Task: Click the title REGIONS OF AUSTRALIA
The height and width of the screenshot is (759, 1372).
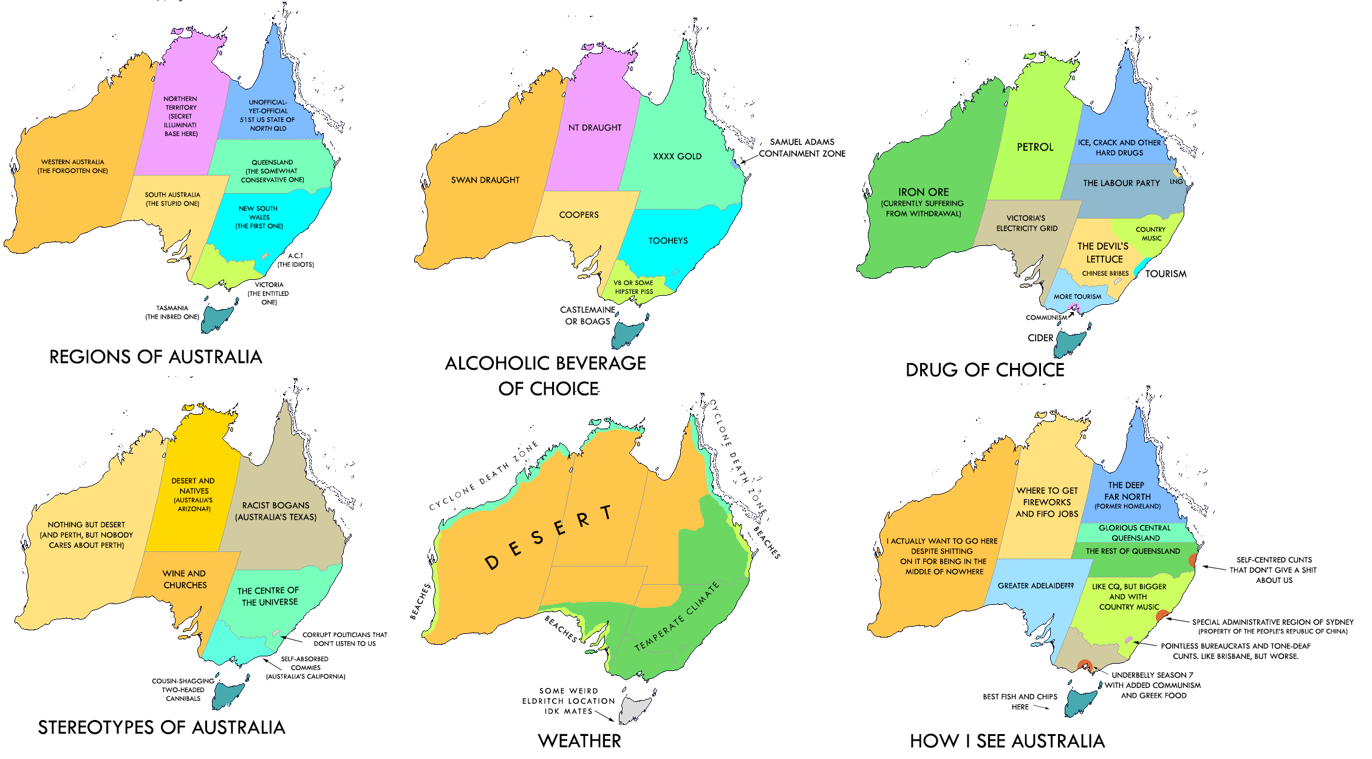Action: (155, 357)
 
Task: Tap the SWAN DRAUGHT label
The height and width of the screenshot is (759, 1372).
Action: (485, 180)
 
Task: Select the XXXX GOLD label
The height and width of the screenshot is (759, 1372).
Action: (677, 157)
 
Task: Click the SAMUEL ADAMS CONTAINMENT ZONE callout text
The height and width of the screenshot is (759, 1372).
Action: (802, 148)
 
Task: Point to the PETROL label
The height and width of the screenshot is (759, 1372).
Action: (1035, 147)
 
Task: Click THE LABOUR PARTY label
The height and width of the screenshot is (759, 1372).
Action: (1121, 183)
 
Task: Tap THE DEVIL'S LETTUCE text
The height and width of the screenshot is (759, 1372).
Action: (1104, 253)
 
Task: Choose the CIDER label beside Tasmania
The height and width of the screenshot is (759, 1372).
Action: (1040, 338)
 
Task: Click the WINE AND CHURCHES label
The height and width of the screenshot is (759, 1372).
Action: (185, 579)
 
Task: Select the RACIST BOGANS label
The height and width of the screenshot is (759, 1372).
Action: (276, 511)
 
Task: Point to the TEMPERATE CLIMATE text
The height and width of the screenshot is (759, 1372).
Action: (677, 617)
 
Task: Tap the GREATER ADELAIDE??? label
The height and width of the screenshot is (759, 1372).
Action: (1036, 586)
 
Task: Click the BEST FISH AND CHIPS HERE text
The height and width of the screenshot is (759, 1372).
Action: (1020, 702)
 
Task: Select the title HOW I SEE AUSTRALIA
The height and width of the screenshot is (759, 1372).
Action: (1007, 741)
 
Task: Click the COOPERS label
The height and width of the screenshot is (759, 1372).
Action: (579, 215)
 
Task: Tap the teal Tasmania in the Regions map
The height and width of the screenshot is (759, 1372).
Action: (216, 318)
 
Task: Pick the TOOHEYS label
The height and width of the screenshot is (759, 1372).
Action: (668, 241)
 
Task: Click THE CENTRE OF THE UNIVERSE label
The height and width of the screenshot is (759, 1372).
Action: (268, 596)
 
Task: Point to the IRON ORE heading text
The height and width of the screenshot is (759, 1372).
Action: (923, 192)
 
